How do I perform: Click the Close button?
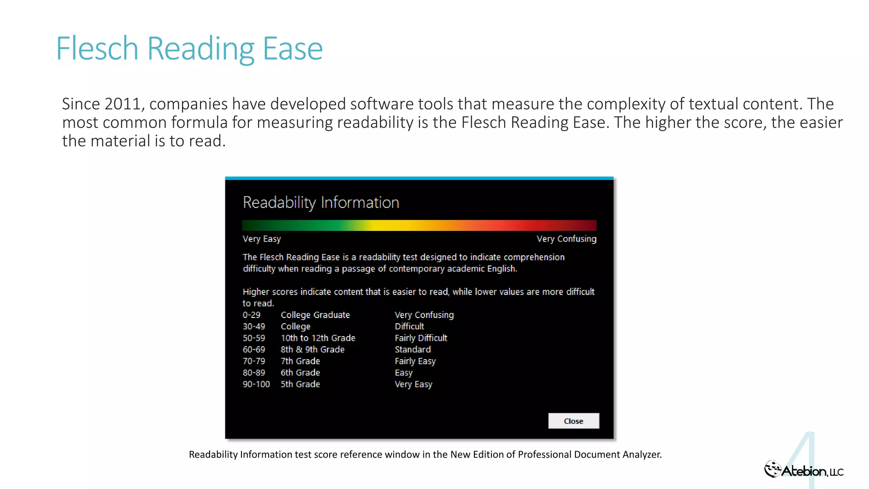coord(573,421)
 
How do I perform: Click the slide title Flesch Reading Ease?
coord(189,49)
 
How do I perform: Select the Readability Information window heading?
coord(321,202)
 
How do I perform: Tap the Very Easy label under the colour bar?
coord(261,239)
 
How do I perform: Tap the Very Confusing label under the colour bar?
coord(566,239)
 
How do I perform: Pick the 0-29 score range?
coord(252,315)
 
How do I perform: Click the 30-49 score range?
coord(254,326)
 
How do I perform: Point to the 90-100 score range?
coord(256,384)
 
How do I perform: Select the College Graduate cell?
coord(315,315)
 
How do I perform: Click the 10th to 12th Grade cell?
coord(318,338)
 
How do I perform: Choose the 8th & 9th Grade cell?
coord(312,349)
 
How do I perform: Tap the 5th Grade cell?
coord(300,384)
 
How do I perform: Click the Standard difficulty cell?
coord(412,349)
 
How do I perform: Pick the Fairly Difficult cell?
coord(421,338)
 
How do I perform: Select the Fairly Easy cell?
coord(415,361)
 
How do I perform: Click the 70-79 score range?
coord(254,361)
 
